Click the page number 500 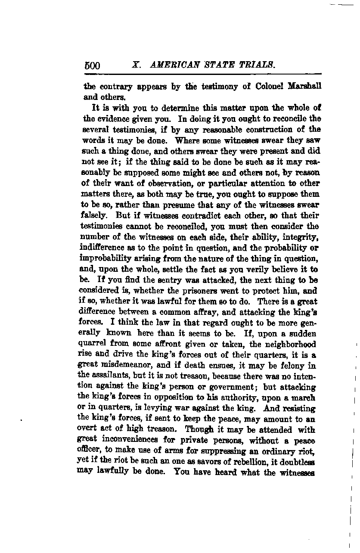(x=92, y=65)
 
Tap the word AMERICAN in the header (x=171, y=65)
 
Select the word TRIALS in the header (x=256, y=65)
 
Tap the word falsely (x=95, y=215)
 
